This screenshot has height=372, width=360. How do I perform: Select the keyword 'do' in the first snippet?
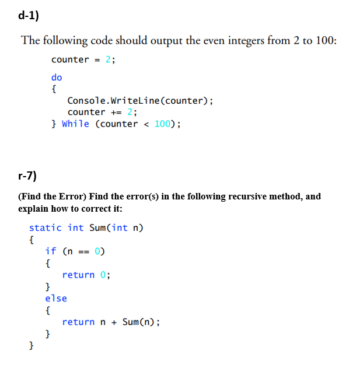pyautogui.click(x=57, y=77)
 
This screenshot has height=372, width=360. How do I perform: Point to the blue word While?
pyautogui.click(x=75, y=124)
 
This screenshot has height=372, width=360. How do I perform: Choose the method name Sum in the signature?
pyautogui.click(x=97, y=228)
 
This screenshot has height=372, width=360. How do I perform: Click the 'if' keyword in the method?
pyautogui.click(x=51, y=251)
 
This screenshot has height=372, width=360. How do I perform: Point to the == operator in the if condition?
pyautogui.click(x=84, y=252)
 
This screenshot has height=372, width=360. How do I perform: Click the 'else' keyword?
pyautogui.click(x=56, y=298)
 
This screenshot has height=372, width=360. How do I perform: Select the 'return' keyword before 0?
pyautogui.click(x=78, y=275)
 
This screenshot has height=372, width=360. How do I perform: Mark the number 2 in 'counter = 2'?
pyautogui.click(x=107, y=59)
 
